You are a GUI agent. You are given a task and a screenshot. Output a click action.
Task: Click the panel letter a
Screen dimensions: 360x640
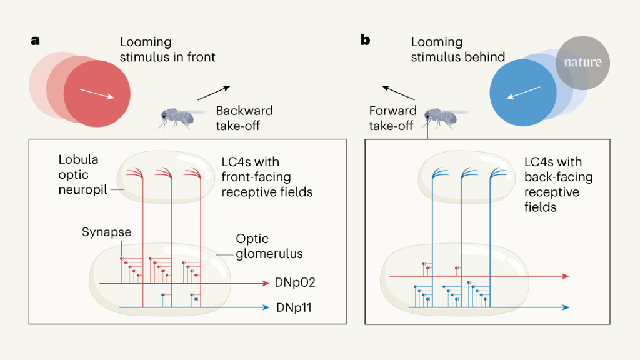[x=36, y=41]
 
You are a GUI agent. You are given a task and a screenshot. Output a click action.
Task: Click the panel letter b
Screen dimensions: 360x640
[x=365, y=41]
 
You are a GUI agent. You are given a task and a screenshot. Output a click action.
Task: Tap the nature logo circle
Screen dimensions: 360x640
[x=582, y=62]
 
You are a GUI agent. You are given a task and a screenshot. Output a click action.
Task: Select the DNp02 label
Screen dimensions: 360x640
[x=294, y=282]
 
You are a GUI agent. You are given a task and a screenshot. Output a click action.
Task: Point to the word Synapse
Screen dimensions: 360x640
[x=106, y=232]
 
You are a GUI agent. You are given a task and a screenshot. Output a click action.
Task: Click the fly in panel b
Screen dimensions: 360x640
[x=441, y=117]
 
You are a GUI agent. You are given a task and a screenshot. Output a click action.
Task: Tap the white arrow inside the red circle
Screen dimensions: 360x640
[x=97, y=93]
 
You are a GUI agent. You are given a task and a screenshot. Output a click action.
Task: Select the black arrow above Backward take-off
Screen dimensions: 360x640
[x=214, y=92]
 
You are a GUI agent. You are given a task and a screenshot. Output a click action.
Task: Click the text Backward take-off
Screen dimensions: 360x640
[x=244, y=117]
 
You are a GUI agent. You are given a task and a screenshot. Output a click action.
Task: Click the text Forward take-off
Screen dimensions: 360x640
[x=392, y=117]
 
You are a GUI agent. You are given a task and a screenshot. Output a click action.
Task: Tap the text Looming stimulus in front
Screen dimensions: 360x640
[x=167, y=50]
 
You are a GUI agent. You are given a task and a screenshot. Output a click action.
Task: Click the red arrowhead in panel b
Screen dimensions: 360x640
[x=565, y=276]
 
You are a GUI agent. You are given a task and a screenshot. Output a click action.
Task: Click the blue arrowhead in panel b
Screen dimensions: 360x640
[x=565, y=307]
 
